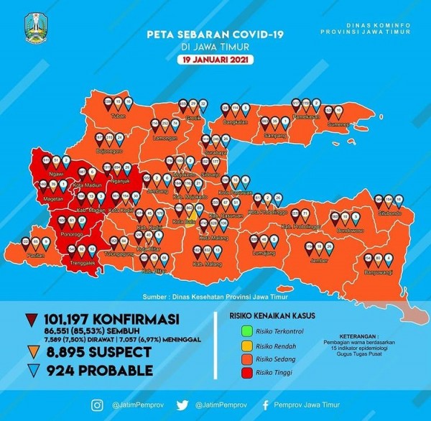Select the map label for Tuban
click(119, 114)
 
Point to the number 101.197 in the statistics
click(68, 319)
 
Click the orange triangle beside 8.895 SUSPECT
click(32, 352)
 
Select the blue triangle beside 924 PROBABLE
click(32, 371)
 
